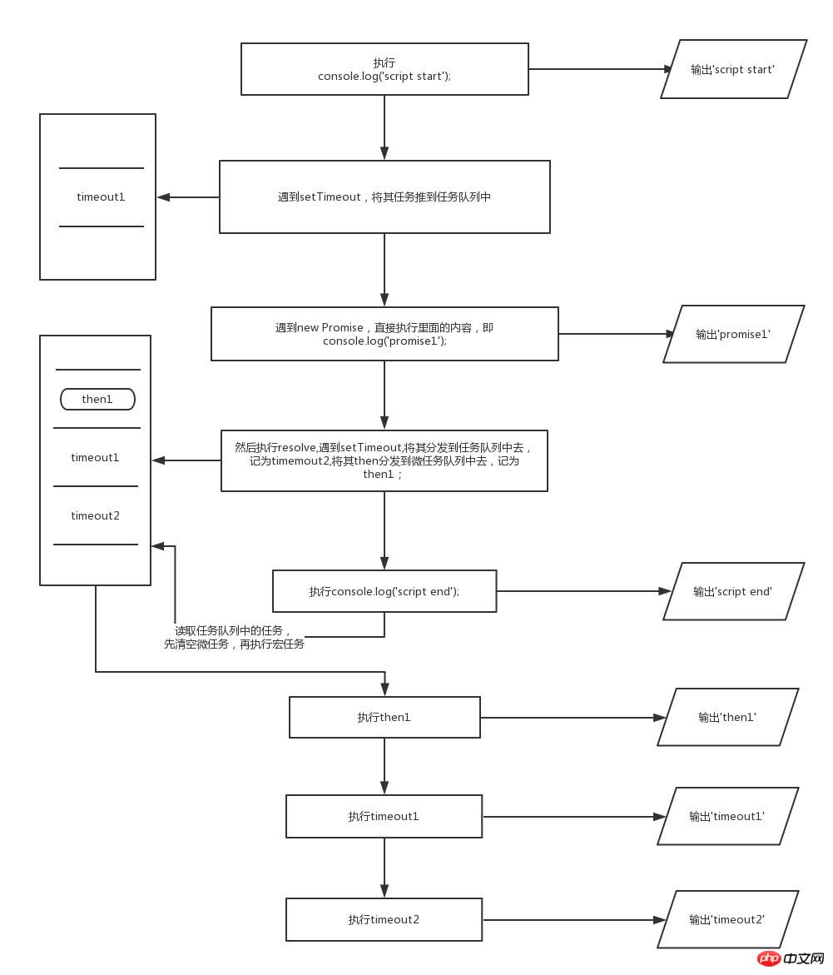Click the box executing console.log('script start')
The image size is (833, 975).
pos(384,69)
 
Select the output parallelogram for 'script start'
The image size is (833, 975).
pos(733,69)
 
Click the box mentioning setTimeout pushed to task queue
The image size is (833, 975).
pos(384,197)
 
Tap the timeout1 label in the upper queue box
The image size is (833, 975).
pos(101,197)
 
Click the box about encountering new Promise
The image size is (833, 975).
pos(384,334)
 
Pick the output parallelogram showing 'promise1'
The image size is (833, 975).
pos(733,334)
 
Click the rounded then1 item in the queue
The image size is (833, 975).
pos(97,400)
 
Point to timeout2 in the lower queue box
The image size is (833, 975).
pos(96,516)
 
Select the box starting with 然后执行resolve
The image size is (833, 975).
pos(384,460)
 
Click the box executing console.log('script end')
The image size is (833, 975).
pos(384,591)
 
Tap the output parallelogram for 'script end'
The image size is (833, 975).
pos(733,591)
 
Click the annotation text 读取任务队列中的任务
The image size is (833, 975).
pos(234,631)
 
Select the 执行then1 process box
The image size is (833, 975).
pos(384,718)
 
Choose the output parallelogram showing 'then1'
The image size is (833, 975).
pos(727,717)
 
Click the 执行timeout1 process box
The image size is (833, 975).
pos(384,817)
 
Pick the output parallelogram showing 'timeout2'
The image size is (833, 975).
pos(727,919)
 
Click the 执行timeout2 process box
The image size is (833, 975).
pos(384,919)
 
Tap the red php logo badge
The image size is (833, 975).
pos(770,959)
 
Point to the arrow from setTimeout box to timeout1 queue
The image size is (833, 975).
pos(188,197)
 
